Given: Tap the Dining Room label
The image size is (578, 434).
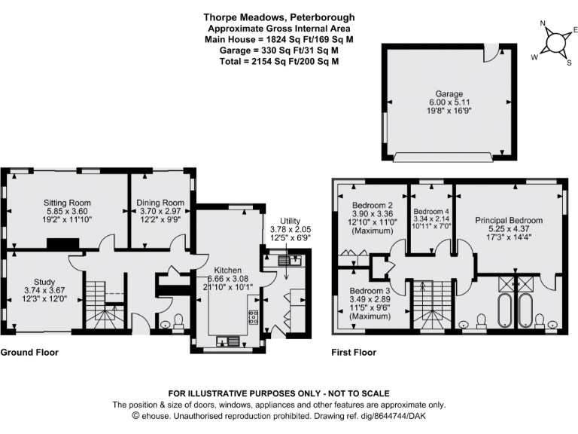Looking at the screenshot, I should [x=160, y=203].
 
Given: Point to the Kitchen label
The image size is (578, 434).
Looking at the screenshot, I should [x=227, y=270].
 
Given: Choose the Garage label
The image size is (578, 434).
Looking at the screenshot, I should [x=446, y=94].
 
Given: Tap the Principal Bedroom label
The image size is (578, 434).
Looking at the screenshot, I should [x=509, y=220].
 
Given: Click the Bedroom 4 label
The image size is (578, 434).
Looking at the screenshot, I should [x=431, y=212].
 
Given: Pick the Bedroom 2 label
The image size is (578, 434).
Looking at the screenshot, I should [x=373, y=204].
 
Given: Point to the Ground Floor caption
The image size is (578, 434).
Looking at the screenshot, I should [x=29, y=352].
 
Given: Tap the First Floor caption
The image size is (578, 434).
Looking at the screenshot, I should [x=354, y=352].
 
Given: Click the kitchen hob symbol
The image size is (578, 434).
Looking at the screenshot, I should [x=252, y=316].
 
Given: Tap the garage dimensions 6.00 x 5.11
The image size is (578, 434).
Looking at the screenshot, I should [x=446, y=102].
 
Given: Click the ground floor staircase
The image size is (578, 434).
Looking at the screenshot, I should [x=102, y=305].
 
